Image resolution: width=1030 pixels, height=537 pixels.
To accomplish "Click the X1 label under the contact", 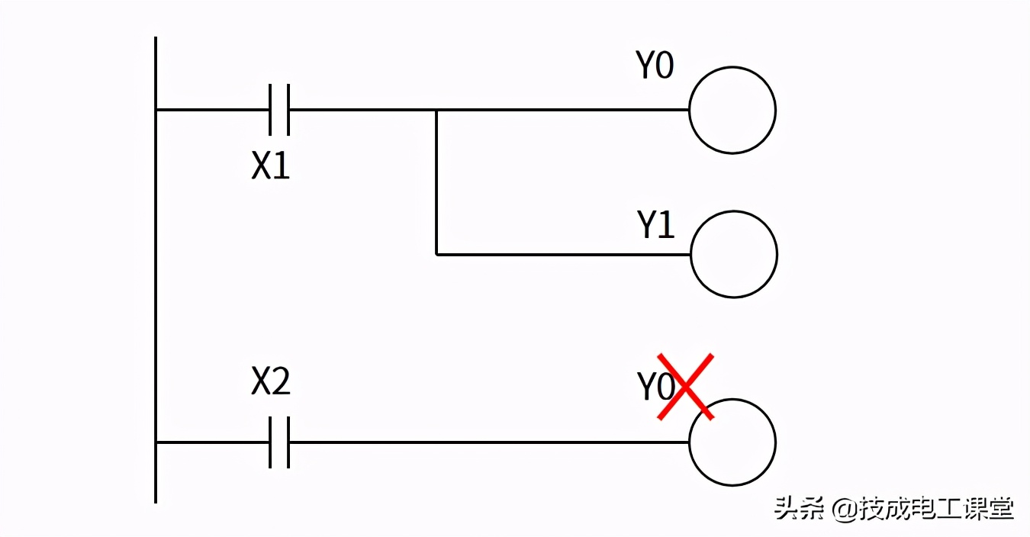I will click(x=271, y=166).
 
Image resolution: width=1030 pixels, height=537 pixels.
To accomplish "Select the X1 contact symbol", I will click(x=280, y=110).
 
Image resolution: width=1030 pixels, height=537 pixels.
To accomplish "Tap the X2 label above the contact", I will click(x=271, y=382).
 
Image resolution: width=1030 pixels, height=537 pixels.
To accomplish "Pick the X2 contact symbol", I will click(x=280, y=442).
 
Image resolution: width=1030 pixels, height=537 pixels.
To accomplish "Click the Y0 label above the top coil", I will click(x=655, y=66).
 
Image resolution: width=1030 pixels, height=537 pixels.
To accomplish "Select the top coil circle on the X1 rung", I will click(x=732, y=110).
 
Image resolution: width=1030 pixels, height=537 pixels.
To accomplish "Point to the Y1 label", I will click(x=656, y=226).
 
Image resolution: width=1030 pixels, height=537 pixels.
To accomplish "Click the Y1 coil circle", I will click(x=734, y=254).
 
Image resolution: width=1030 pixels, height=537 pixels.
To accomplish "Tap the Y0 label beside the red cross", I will click(x=655, y=388).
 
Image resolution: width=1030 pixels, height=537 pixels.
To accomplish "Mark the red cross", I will click(x=686, y=386).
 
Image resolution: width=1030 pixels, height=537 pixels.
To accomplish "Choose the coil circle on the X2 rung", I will click(x=732, y=442).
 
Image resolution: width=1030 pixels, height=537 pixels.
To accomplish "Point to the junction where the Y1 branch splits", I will click(x=436, y=110).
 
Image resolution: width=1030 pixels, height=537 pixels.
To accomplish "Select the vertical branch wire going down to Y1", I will click(x=436, y=183).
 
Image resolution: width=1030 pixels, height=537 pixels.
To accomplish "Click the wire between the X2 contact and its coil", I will click(x=488, y=442).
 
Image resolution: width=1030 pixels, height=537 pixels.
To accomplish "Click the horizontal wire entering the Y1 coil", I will click(x=565, y=254).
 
